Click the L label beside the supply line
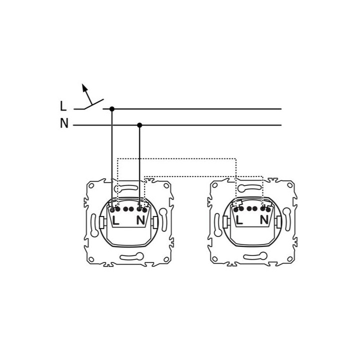pos(63,106)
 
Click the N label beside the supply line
pos(64,123)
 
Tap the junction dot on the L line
pos(112,109)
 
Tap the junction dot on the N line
pos(139,125)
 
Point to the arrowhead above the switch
pos(84,87)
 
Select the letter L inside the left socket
pos(115,220)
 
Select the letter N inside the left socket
pos(140,220)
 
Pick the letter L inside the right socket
pos(239,220)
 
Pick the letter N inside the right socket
pos(264,220)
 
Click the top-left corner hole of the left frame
pos(91,185)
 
